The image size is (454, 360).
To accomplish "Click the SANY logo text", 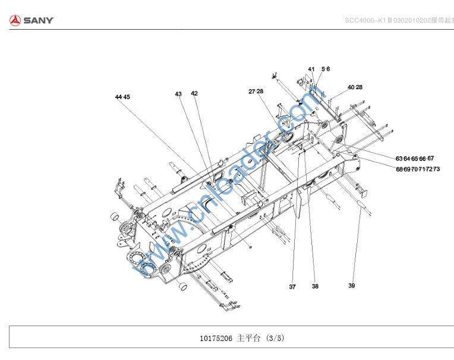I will point(39,21).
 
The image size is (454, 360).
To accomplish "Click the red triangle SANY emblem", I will point(15,21).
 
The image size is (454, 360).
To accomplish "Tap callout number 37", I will point(292,287).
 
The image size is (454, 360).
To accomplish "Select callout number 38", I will point(315,286).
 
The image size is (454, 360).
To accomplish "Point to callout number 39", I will point(352,286).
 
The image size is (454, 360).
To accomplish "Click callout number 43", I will point(178,94).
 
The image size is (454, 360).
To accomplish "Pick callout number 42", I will point(194,93).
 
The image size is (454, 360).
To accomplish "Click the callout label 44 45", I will point(122,96).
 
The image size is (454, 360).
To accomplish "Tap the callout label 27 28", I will point(256,91).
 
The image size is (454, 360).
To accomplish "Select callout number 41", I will point(311,70).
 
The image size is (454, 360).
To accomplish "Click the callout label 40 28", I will point(355,87).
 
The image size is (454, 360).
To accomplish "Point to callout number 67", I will point(431,159).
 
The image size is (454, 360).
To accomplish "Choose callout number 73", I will point(436,169).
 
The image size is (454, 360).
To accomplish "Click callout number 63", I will point(399,159).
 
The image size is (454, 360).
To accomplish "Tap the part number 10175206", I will point(216,339).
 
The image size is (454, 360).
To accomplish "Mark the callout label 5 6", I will point(326,70).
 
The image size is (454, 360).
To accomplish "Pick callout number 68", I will point(399,169).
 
